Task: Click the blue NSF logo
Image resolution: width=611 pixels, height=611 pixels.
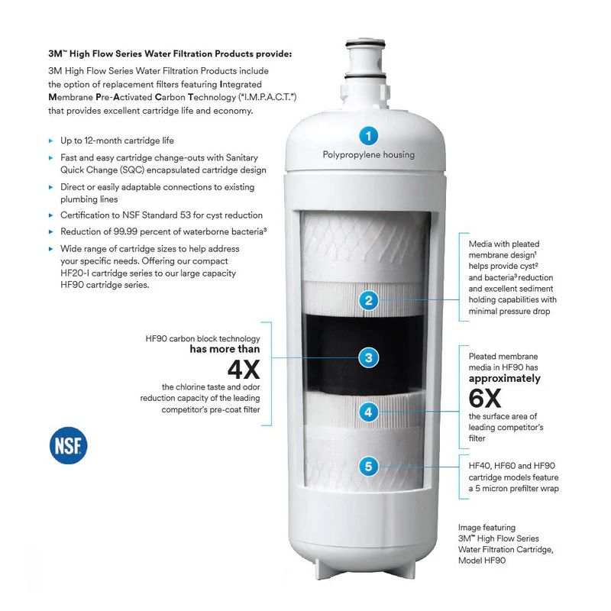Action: click(x=69, y=445)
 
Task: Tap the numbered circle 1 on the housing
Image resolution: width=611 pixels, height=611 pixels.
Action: click(x=369, y=137)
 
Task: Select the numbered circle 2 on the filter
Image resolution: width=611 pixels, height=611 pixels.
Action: click(x=369, y=300)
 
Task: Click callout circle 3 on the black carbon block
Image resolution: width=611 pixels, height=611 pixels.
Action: click(x=369, y=357)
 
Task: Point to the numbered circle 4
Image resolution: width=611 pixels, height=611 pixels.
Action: click(x=369, y=412)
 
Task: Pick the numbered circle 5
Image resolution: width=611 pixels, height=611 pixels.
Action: click(x=369, y=465)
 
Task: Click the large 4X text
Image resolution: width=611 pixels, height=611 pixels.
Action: click(x=244, y=370)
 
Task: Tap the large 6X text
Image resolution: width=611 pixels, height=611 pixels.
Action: click(x=484, y=398)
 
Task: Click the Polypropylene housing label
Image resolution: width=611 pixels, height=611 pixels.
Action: click(x=368, y=155)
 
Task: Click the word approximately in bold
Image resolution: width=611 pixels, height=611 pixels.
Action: click(x=504, y=378)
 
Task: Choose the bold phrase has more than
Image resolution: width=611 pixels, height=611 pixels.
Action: click(x=225, y=350)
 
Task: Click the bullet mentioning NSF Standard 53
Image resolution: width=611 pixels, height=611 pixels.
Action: click(x=161, y=215)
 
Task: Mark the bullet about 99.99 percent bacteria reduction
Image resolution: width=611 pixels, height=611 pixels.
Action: click(x=163, y=231)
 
